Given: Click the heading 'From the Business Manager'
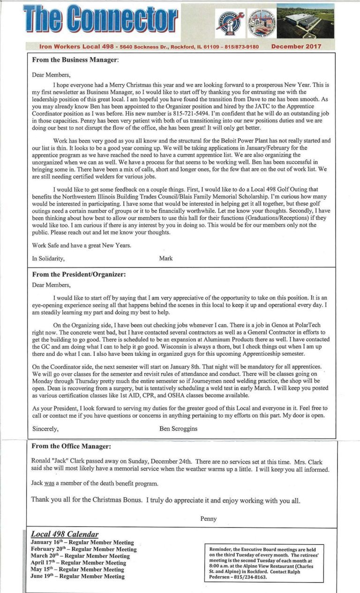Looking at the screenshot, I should pos(75,60).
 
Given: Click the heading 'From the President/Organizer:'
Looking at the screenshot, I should pos(79,275).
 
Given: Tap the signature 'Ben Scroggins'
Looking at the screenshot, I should pos(179,428).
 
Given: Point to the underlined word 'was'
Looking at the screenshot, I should pos(49,483).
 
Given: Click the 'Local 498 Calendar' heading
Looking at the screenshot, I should pos(65,534).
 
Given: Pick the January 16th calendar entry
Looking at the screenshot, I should pos(82,542).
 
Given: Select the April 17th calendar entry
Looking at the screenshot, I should pos(78,563).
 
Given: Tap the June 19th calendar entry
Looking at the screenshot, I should pos(78,576).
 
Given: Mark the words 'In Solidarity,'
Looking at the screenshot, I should pos(48,258).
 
